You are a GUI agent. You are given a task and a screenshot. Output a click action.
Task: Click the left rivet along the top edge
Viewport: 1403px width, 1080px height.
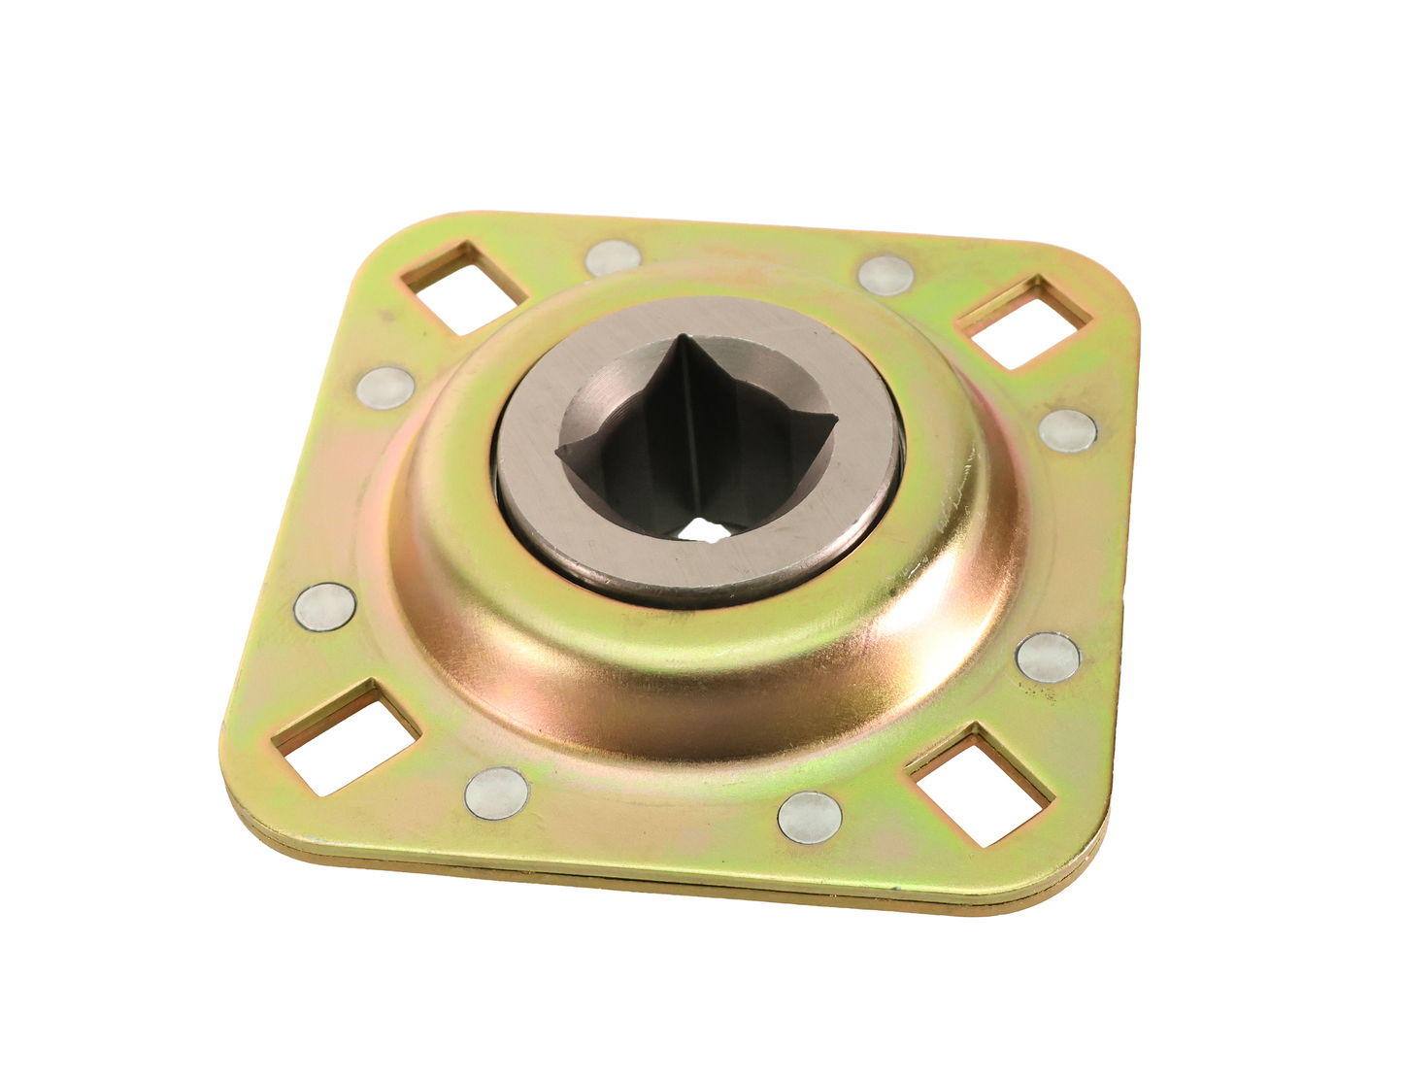[x=614, y=257]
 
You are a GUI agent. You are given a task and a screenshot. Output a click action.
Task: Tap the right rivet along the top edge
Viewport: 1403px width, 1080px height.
[x=885, y=274]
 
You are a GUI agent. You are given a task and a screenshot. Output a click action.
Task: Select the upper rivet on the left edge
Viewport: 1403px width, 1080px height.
[x=385, y=387]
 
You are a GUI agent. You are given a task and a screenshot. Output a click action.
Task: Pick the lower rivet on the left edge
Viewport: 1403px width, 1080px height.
[x=324, y=607]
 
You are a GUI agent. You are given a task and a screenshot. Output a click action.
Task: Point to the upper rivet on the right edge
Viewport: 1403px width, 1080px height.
[x=1068, y=428]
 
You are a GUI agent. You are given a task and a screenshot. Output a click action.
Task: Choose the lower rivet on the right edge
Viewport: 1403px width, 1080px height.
[x=1048, y=656]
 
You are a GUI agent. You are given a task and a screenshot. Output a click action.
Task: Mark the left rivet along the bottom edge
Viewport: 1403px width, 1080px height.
[x=497, y=791]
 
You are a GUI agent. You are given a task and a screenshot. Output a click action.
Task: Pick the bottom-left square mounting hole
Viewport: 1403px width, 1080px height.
[x=347, y=731]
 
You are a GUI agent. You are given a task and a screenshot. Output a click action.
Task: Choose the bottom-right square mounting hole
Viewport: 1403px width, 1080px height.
[x=981, y=782]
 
